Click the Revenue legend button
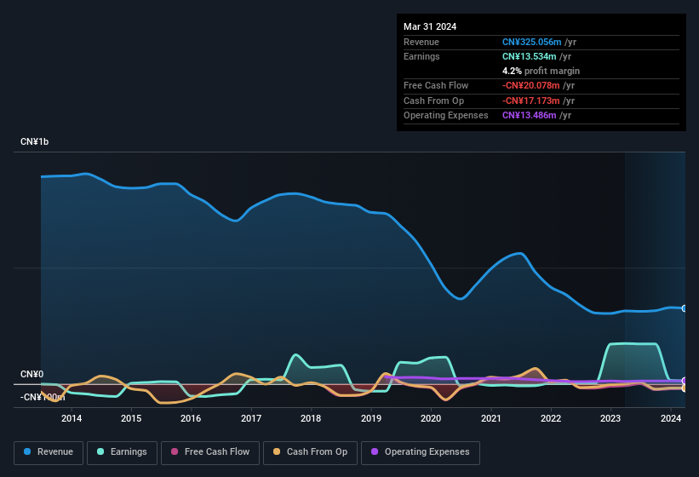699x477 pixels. point(48,452)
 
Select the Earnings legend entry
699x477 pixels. point(122,452)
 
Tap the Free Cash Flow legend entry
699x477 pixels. point(210,452)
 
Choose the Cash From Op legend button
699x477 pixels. point(310,452)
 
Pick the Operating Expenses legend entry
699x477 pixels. point(421,452)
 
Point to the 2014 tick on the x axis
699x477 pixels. point(72,418)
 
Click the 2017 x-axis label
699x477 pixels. point(251,418)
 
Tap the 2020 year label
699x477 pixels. point(431,418)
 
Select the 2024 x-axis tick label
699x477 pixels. point(671,418)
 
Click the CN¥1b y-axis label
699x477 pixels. point(35,141)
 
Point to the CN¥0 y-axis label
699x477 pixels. point(32,375)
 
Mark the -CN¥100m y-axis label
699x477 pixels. point(43,397)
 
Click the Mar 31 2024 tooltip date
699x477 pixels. point(430,26)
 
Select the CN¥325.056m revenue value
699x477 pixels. point(531,42)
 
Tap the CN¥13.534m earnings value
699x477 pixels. point(529,56)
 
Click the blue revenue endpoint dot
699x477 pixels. point(685,308)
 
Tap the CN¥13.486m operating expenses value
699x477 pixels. point(529,115)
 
